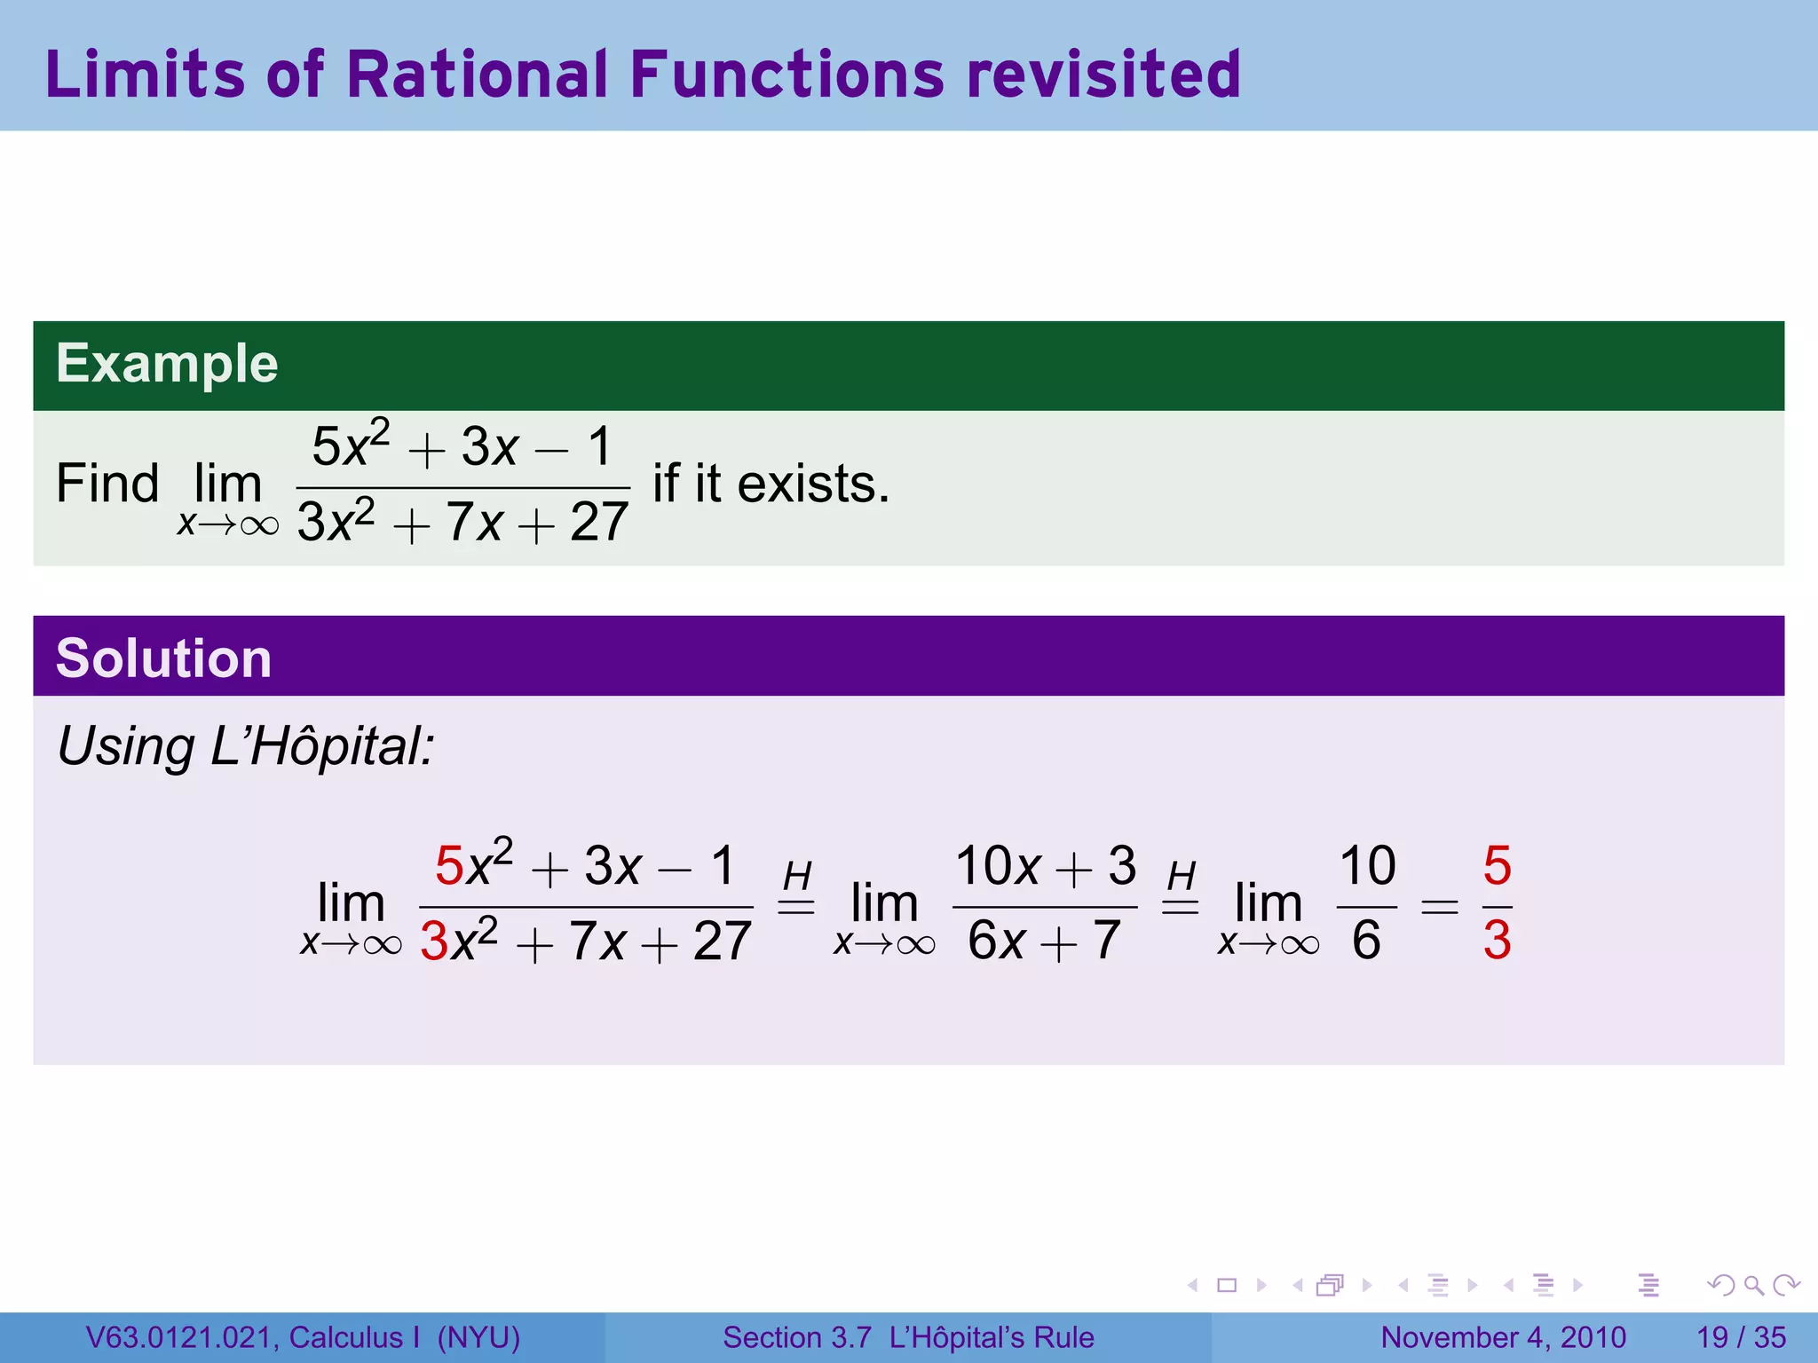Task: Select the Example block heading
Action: click(167, 364)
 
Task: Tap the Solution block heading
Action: click(163, 658)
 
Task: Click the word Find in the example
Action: click(107, 485)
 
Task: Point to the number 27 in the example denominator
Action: click(599, 523)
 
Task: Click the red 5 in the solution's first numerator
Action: click(449, 866)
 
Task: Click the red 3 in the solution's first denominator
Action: click(434, 941)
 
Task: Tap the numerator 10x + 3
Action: click(1045, 865)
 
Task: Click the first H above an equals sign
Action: click(797, 877)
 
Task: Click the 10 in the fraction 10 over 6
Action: click(1367, 865)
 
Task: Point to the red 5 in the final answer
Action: click(1497, 865)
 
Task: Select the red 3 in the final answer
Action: click(1497, 941)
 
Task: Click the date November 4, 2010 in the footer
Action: click(1503, 1337)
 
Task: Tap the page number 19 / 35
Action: click(1741, 1337)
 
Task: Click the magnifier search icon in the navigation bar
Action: click(1753, 1285)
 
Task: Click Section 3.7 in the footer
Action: click(796, 1337)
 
